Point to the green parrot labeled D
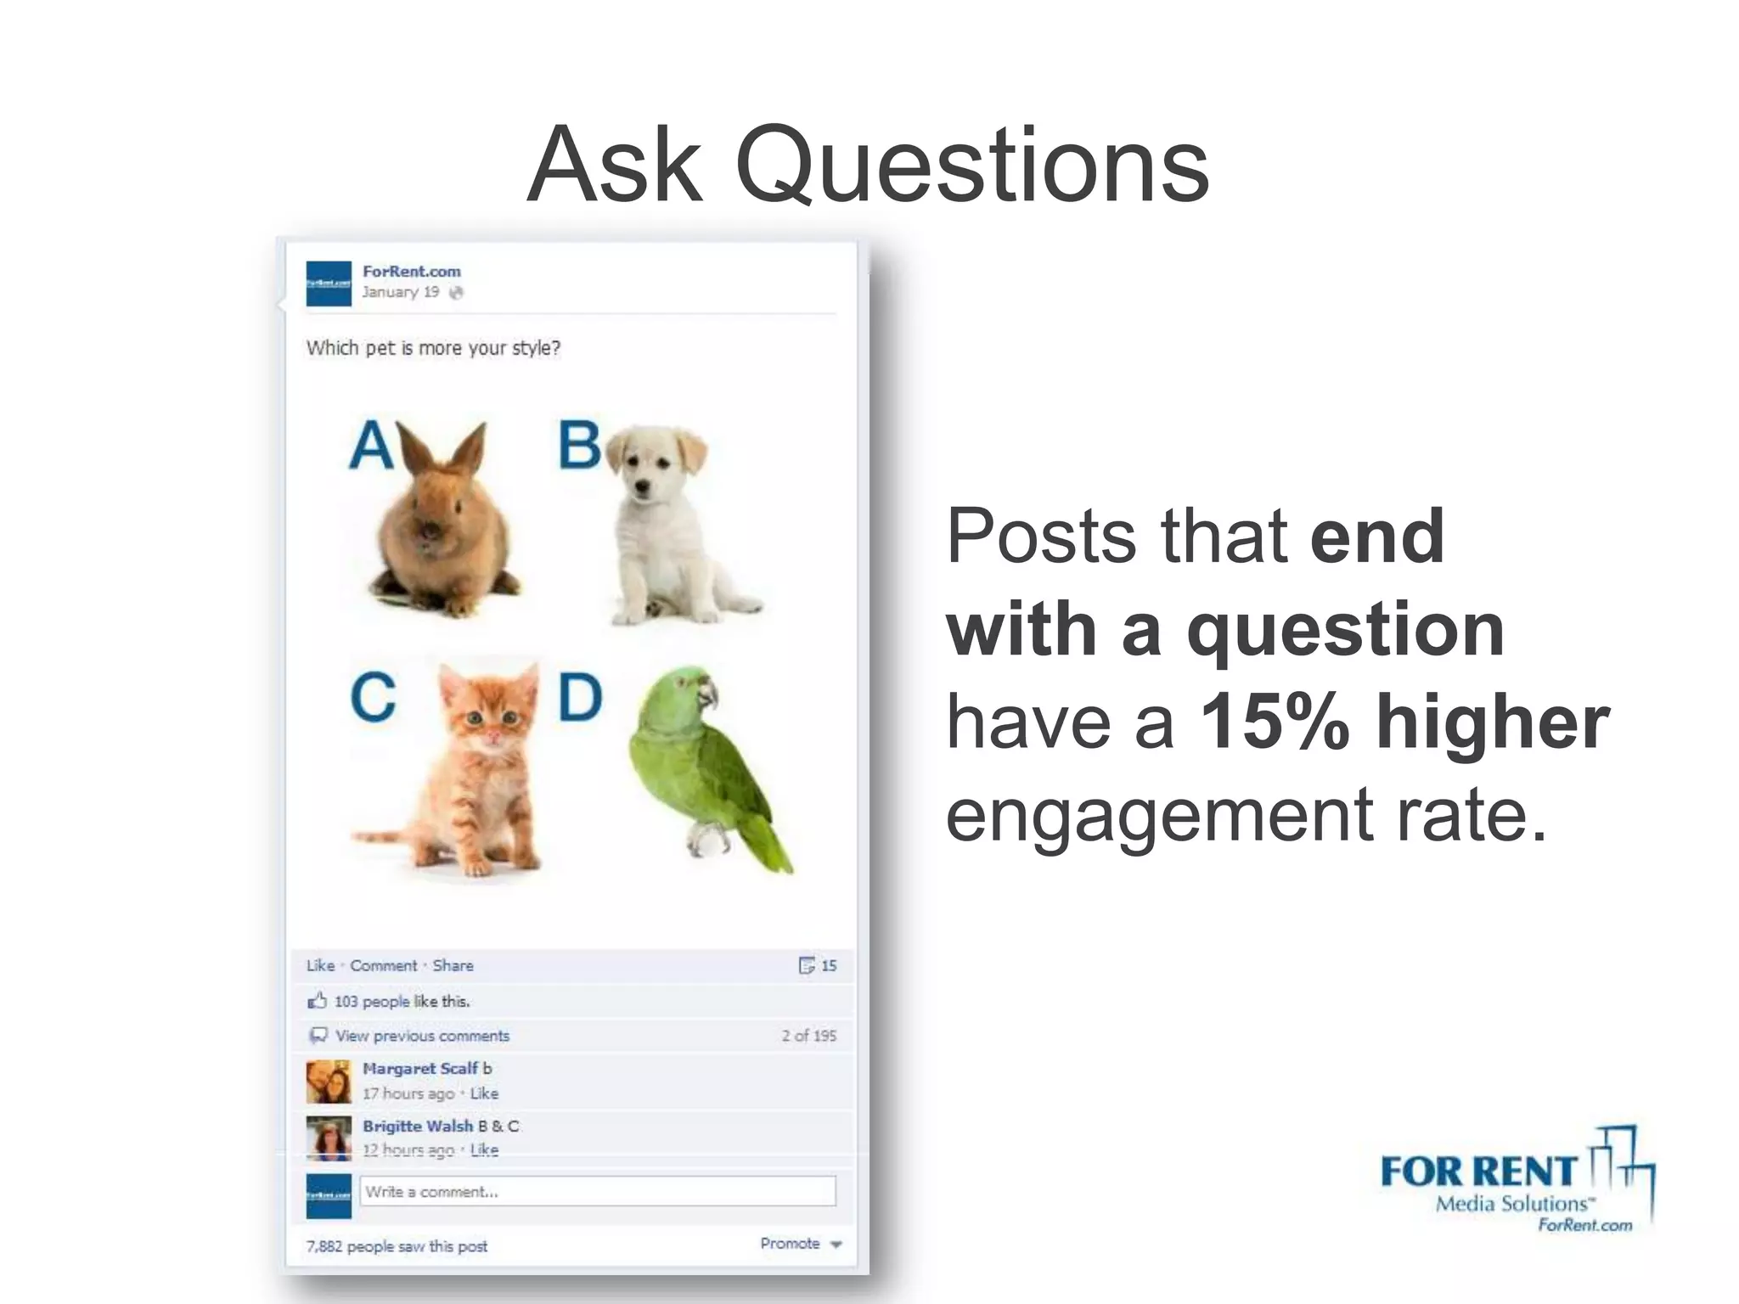pos(705,764)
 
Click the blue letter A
pos(371,446)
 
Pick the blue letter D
pos(580,698)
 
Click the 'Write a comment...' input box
pos(597,1191)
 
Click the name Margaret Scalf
pos(419,1069)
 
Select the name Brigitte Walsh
pos(417,1126)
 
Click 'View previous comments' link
pos(422,1036)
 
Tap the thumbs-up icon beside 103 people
pos(317,1001)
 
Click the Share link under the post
pos(453,965)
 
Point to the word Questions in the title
pos(971,166)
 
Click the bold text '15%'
pos(1274,722)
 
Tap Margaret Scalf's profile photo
pos(328,1082)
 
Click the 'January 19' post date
pos(400,292)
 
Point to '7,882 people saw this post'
pos(397,1246)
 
